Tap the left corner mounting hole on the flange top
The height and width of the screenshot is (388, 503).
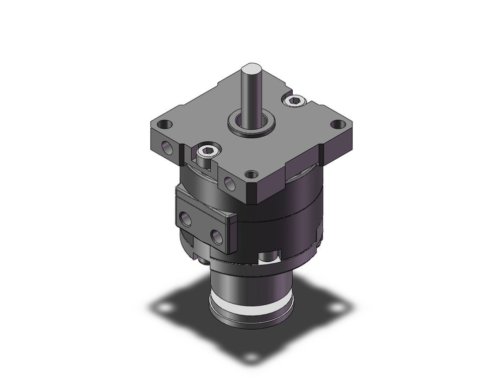[x=164, y=124]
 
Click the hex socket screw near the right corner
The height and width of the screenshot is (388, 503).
[x=295, y=102]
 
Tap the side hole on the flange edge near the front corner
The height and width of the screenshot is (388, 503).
[x=229, y=184]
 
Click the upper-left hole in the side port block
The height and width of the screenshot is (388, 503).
[x=185, y=219]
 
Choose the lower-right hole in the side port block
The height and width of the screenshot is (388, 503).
[x=217, y=237]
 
